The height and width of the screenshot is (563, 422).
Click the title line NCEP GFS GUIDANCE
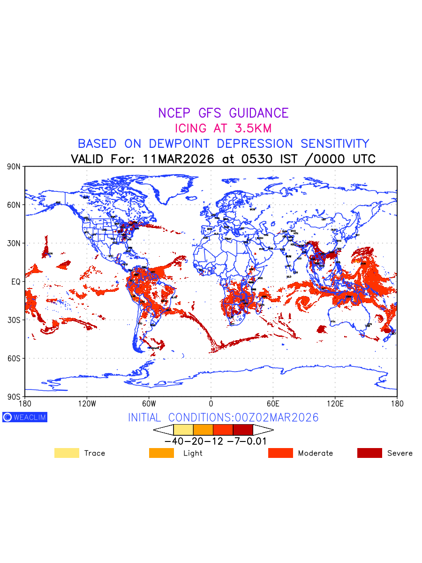pos(223,113)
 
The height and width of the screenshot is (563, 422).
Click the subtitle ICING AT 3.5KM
pos(223,128)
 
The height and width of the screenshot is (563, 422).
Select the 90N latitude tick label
pos(14,167)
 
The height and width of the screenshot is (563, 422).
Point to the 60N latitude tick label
pos(14,205)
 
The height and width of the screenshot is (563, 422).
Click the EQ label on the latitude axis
pos(15,281)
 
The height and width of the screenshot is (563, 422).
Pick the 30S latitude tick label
pos(14,320)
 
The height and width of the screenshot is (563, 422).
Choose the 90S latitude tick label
pos(14,396)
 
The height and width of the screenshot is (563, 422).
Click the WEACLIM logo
pos(25,417)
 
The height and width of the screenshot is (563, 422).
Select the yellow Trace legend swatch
pos(67,453)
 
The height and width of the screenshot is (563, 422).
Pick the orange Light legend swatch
pos(161,453)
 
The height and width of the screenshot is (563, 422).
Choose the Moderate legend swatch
pos(280,453)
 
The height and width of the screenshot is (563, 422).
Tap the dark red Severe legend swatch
pos(369,453)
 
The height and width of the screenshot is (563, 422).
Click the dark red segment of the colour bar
pos(243,430)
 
